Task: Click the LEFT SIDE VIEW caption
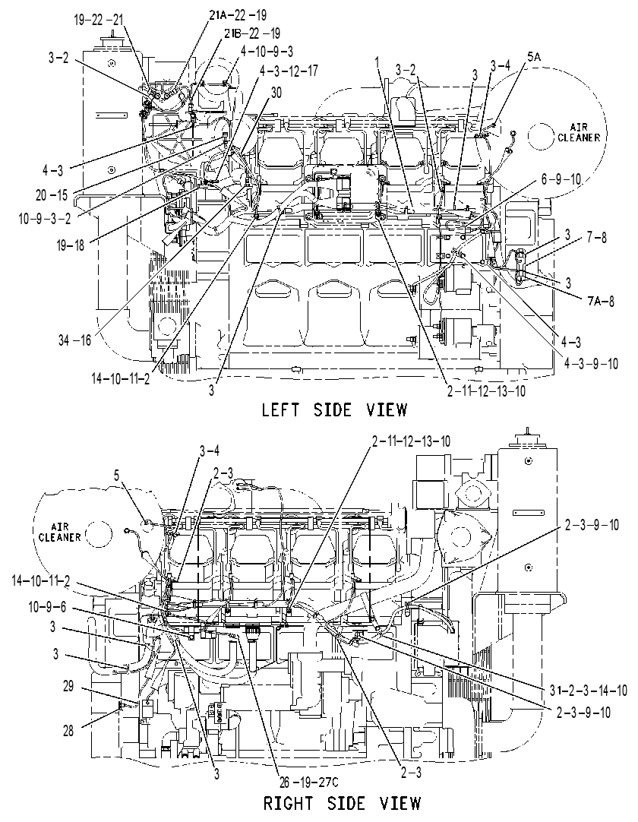[x=334, y=409]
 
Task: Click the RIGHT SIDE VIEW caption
[x=342, y=802]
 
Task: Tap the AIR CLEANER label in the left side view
[x=579, y=133]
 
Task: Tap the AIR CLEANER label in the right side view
[x=60, y=532]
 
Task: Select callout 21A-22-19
[x=238, y=16]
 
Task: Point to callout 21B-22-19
[x=252, y=33]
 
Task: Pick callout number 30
[x=276, y=93]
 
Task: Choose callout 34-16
[x=75, y=340]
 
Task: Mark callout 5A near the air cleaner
[x=534, y=57]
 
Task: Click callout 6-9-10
[x=561, y=179]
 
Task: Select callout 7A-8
[x=600, y=301]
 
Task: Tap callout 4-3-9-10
[x=590, y=363]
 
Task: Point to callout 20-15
[x=52, y=195]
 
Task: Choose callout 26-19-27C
[x=309, y=783]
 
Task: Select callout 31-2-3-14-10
[x=581, y=690]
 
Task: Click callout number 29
[x=68, y=686]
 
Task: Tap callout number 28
[x=68, y=731]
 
